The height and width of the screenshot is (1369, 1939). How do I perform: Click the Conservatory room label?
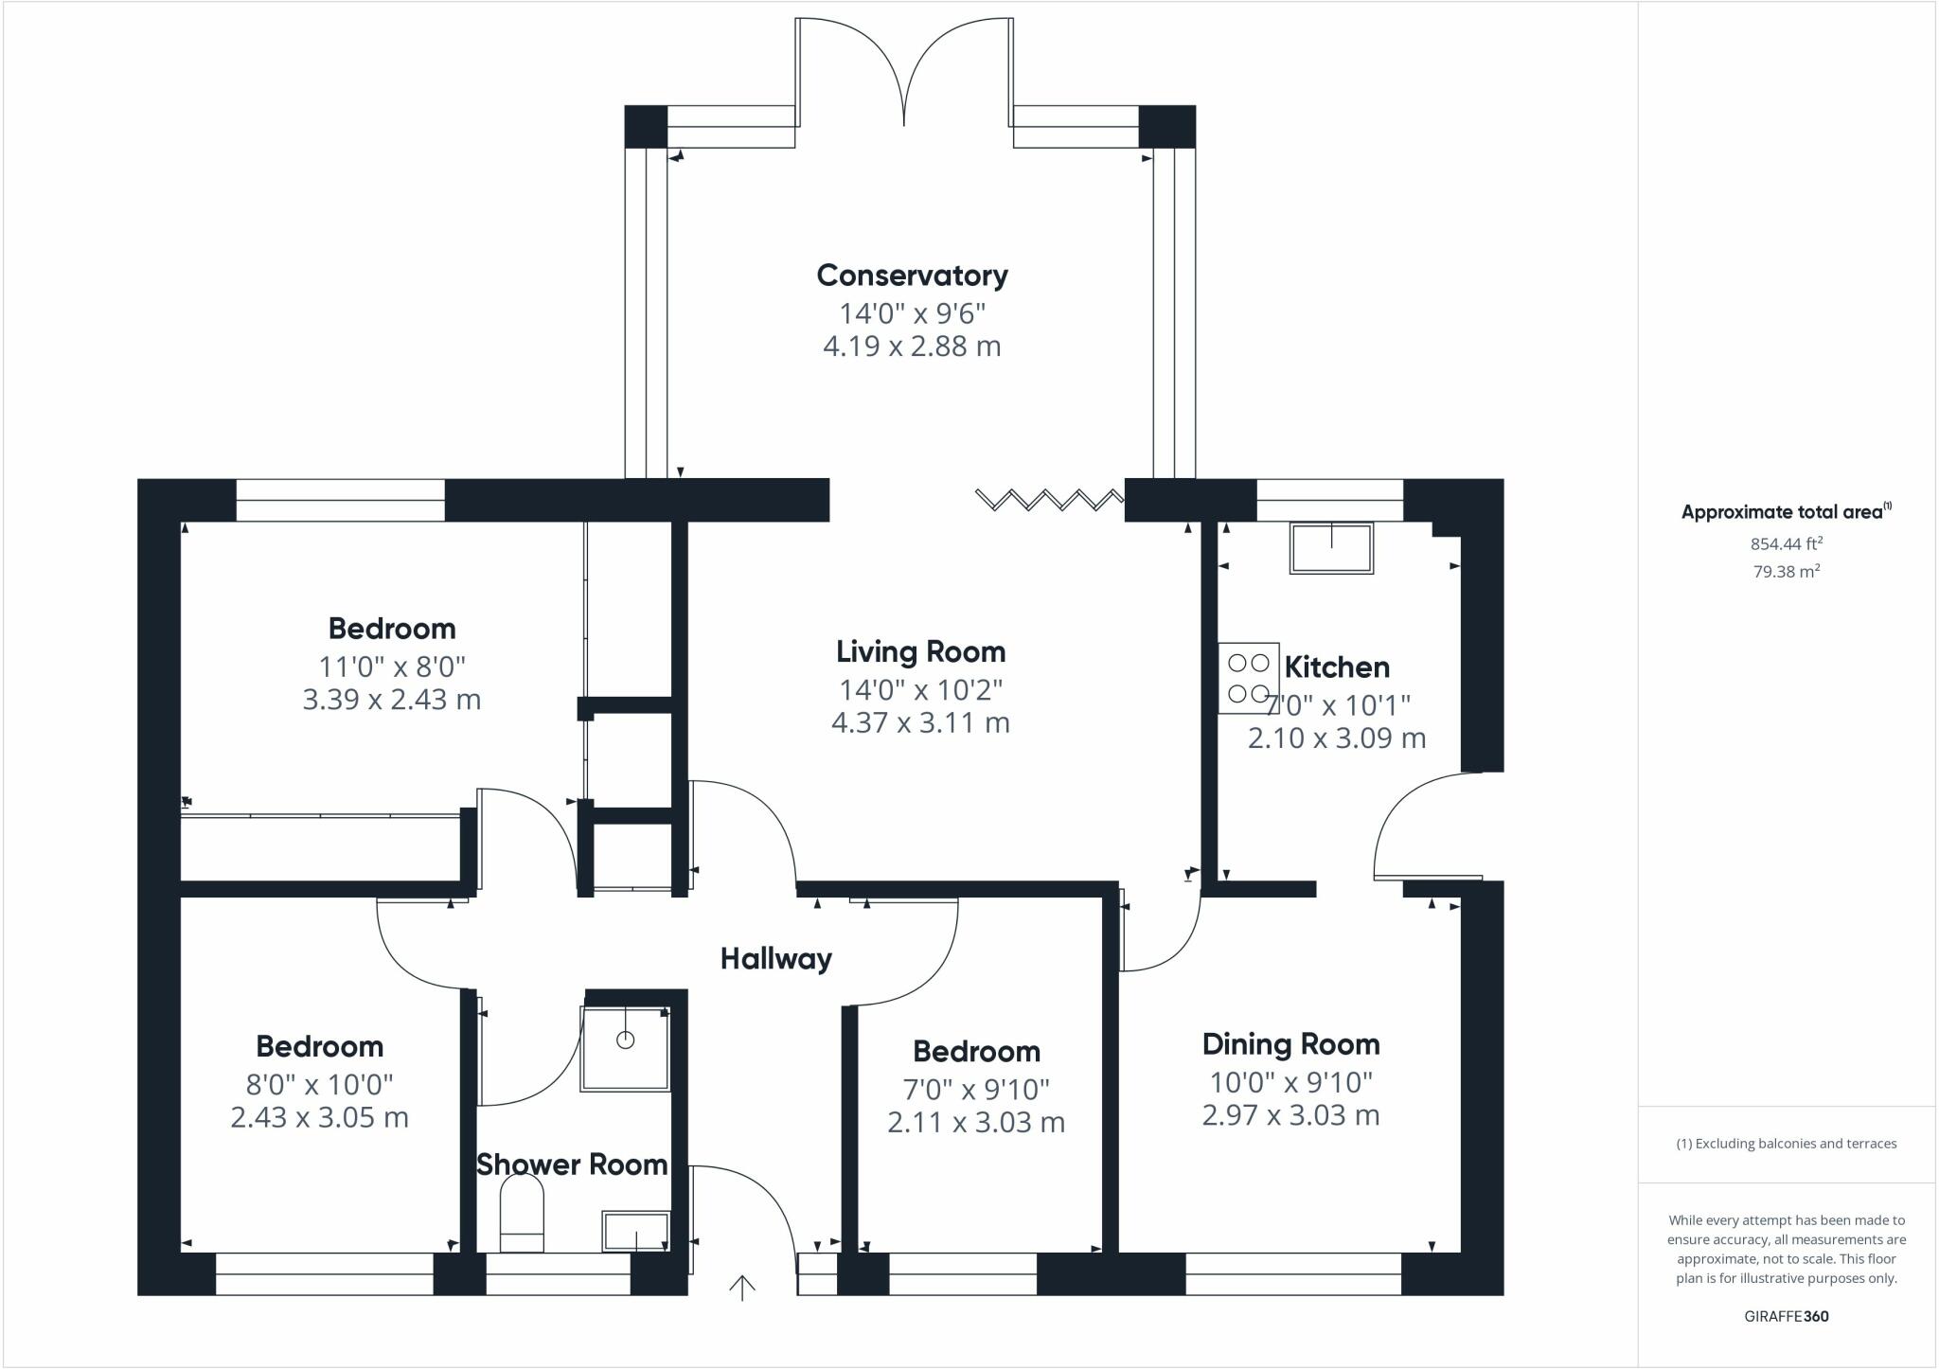point(912,276)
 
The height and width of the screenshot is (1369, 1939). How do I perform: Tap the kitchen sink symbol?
point(1331,549)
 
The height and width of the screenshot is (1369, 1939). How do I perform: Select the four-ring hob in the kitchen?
point(1248,679)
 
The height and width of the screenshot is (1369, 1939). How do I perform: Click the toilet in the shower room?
point(522,1214)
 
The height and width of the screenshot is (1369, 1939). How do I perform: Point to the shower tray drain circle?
point(625,1040)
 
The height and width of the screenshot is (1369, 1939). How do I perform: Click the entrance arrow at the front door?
point(742,1288)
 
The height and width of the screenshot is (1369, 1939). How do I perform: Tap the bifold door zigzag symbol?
point(1049,499)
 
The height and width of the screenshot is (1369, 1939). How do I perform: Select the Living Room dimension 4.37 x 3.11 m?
point(920,723)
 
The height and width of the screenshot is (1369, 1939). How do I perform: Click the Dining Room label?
point(1290,1044)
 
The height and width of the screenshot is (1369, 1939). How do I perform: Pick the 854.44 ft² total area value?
point(1786,543)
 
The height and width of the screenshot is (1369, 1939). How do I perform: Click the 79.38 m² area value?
point(1786,571)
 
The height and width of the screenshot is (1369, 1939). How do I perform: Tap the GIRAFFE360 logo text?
point(1786,1316)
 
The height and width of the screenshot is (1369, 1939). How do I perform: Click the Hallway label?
point(775,959)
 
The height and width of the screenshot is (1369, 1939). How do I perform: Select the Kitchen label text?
point(1337,667)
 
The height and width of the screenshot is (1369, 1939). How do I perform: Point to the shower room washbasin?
point(635,1231)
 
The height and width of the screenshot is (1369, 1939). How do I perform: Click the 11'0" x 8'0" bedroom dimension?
point(392,667)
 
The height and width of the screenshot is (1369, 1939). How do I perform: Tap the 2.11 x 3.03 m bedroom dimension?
point(976,1123)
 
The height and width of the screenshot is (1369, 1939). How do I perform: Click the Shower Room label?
point(571,1165)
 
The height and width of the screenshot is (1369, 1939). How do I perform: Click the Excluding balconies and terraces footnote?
point(1786,1144)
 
